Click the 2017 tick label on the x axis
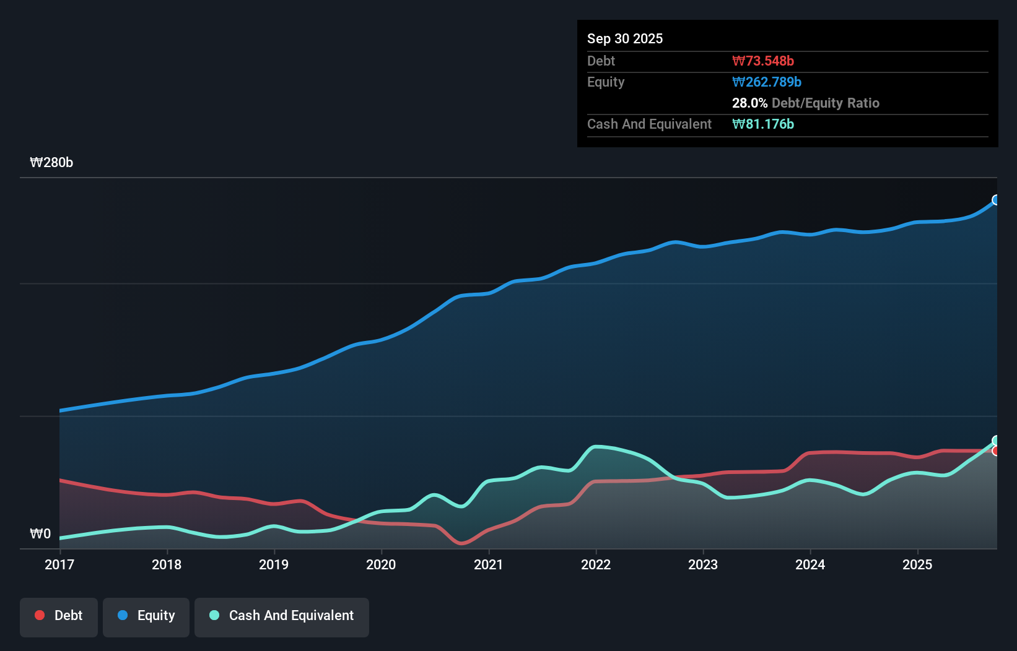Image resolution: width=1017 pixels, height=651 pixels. pos(59,564)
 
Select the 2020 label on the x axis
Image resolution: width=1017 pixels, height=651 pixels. pos(381,564)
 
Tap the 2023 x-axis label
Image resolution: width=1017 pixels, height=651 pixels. pos(703,564)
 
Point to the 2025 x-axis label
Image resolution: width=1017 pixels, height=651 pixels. pos(917,564)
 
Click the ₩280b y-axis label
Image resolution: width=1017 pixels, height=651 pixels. pos(51,163)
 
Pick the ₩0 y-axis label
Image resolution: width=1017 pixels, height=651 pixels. pos(40,534)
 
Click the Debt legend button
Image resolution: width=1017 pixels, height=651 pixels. pos(59,616)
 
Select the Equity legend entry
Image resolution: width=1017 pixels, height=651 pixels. pos(146,616)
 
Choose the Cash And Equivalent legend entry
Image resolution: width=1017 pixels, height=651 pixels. pos(282,616)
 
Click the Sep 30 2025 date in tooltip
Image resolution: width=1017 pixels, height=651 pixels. pos(625,38)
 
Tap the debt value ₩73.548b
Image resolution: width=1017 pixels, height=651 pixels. pos(763,61)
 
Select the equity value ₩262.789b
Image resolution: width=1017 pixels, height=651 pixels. pos(767,82)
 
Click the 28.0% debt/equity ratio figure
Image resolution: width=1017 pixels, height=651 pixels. pos(749,103)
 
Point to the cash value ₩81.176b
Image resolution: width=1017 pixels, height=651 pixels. pos(763,124)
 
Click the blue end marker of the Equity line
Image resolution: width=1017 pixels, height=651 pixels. pos(996,200)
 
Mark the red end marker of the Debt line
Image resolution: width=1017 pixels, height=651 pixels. pos(996,451)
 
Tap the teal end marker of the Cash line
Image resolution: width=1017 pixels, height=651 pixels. pos(996,441)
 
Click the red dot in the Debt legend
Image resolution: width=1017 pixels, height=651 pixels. pos(40,615)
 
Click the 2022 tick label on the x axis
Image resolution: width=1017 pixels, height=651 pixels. pos(596,564)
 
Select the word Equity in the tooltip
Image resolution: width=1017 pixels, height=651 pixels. pos(606,82)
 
